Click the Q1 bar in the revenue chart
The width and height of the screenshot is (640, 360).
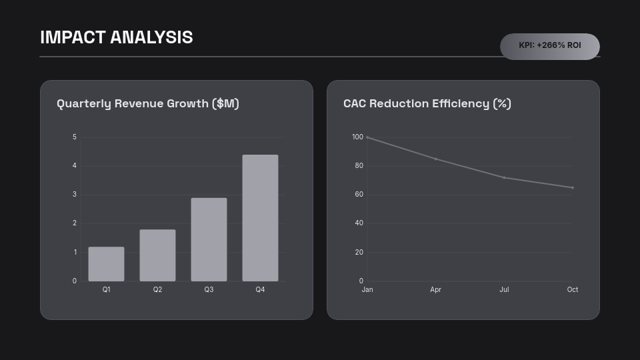click(x=106, y=264)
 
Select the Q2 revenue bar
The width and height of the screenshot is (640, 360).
click(x=157, y=255)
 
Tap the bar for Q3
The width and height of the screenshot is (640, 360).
click(x=209, y=239)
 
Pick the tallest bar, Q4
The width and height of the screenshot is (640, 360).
click(x=260, y=218)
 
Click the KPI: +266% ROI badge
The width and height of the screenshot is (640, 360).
click(x=550, y=46)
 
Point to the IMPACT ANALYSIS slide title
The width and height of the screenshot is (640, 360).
click(x=117, y=37)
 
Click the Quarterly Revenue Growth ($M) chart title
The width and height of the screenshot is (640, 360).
click(x=148, y=103)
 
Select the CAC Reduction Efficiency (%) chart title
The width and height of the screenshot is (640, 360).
click(x=427, y=103)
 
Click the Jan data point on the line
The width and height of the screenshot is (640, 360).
click(x=367, y=137)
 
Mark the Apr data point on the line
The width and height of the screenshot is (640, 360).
click(x=436, y=159)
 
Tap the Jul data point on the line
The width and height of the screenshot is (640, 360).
click(x=504, y=177)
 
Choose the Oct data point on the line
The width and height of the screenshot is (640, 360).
click(x=573, y=187)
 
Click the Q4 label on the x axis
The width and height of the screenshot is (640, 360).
click(x=260, y=289)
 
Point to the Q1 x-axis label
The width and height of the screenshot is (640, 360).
click(x=106, y=289)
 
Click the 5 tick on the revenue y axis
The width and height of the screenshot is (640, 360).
click(x=75, y=137)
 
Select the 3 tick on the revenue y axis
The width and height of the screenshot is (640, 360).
click(x=75, y=195)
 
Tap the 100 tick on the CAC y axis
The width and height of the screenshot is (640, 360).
click(x=357, y=137)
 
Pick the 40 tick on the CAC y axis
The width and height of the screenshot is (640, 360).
click(x=359, y=223)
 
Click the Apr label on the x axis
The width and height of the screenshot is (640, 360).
click(x=436, y=289)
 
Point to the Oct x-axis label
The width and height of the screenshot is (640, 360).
click(x=573, y=289)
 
